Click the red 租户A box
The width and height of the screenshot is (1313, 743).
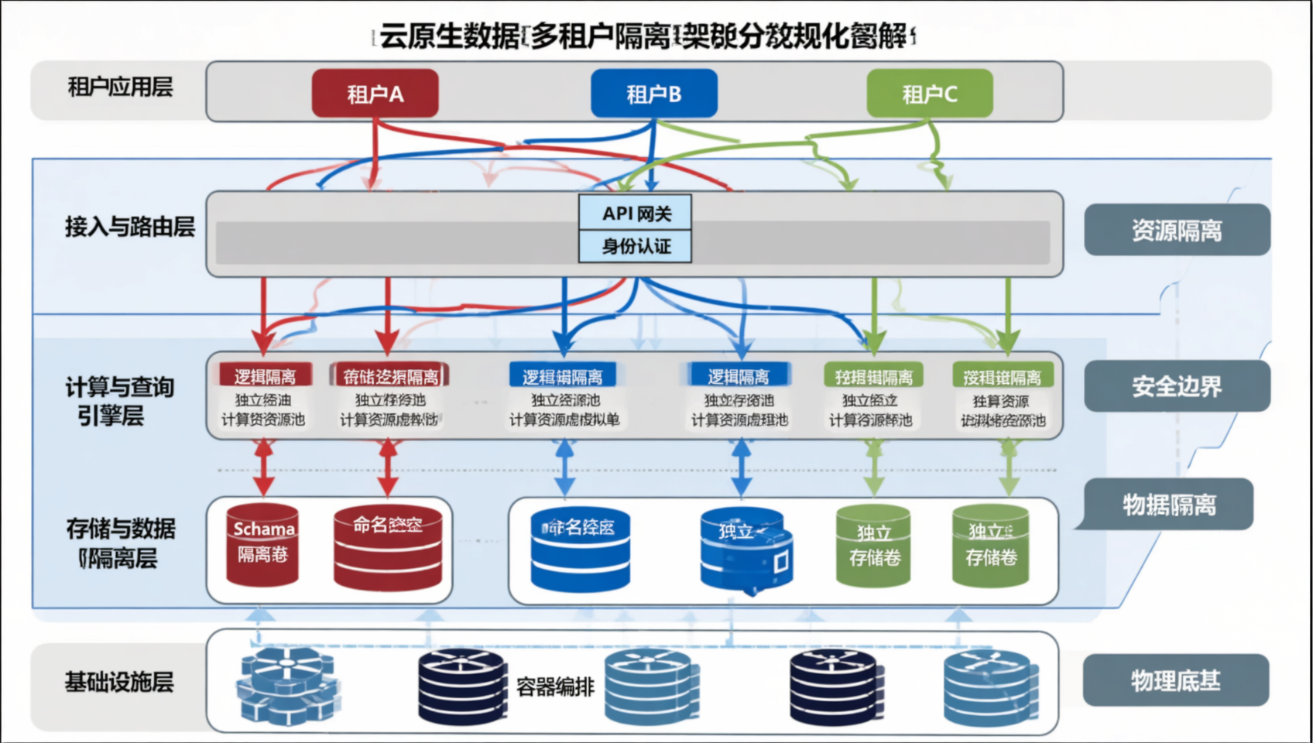coord(375,94)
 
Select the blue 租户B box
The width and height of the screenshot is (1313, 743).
coord(653,94)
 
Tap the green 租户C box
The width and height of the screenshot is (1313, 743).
coord(929,94)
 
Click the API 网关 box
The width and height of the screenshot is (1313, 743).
coord(636,213)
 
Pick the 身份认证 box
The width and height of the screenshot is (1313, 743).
coord(636,246)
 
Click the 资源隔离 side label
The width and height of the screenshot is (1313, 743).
coord(1176,230)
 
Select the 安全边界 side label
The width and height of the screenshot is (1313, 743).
coord(1176,385)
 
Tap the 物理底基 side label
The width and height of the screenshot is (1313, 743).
coord(1175,680)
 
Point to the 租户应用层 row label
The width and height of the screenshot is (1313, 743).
coord(120,87)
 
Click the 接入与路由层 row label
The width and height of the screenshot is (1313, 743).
coord(129,227)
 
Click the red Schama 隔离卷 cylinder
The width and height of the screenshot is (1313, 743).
coord(262,544)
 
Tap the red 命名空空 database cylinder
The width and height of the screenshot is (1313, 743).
coord(387,546)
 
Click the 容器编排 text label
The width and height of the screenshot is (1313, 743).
coord(555,687)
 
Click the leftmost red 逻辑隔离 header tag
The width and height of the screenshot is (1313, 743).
coord(265,376)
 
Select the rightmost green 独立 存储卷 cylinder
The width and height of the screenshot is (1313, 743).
coord(990,546)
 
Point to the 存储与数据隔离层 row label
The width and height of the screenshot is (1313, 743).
coord(120,543)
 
